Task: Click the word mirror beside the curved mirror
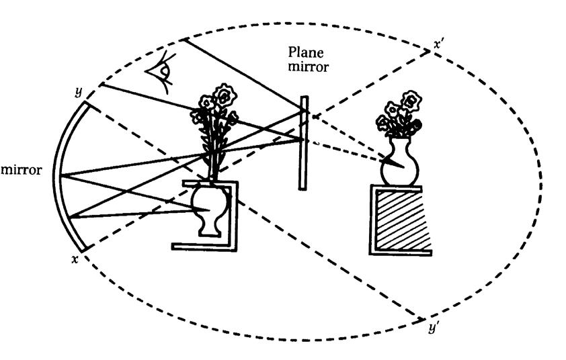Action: tap(22, 170)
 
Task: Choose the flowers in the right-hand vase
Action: tap(400, 111)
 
